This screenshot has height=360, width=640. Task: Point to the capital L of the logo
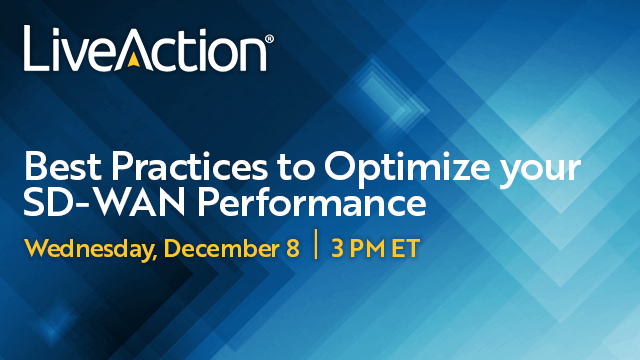[x=34, y=50]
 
